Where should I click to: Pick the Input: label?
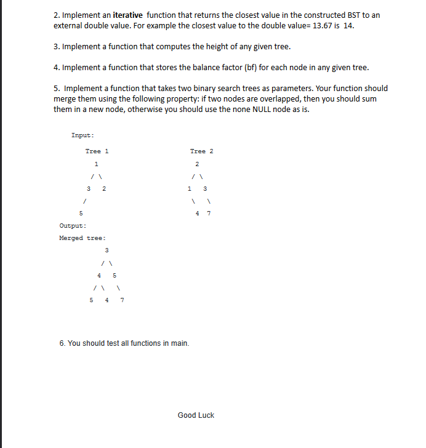click(x=82, y=135)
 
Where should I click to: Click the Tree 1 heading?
click(x=97, y=151)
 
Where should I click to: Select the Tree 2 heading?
click(x=202, y=151)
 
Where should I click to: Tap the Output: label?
click(x=71, y=225)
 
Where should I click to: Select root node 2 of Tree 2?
click(x=197, y=164)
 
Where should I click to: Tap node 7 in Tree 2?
click(x=209, y=214)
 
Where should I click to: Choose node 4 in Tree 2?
click(x=197, y=214)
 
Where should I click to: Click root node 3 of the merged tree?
click(x=107, y=250)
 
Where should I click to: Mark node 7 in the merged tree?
click(x=122, y=300)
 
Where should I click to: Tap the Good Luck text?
click(x=196, y=415)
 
